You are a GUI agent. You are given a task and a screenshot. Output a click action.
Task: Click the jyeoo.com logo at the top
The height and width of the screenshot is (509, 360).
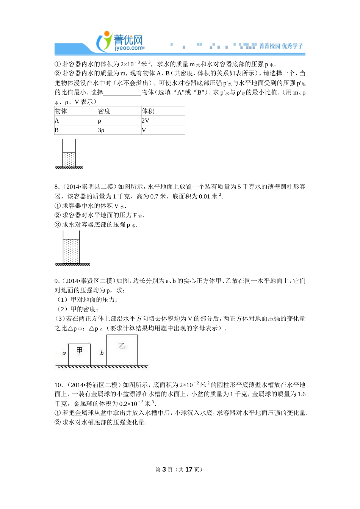[121, 42]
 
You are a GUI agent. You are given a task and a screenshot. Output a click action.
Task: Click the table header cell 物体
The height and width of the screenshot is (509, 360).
[61, 111]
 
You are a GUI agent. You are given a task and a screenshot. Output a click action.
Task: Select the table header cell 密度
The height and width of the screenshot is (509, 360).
[104, 111]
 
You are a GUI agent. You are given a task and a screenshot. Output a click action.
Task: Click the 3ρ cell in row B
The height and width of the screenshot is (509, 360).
[101, 130]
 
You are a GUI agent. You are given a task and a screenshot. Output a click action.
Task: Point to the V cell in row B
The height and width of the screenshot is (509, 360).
[144, 130]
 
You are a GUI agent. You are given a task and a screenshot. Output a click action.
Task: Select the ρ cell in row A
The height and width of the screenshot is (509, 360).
[100, 120]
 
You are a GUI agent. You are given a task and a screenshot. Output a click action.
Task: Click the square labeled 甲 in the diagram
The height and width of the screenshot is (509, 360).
[79, 354]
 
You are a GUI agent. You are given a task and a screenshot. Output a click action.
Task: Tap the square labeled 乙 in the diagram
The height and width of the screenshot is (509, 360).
[122, 350]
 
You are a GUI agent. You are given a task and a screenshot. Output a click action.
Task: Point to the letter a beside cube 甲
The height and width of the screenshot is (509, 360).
[64, 353]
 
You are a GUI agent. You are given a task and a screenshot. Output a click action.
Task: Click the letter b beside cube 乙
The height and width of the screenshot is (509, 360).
[102, 353]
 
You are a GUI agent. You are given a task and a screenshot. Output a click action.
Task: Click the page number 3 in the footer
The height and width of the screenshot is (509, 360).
[164, 469]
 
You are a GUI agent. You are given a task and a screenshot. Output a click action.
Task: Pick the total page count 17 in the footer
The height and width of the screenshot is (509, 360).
[189, 469]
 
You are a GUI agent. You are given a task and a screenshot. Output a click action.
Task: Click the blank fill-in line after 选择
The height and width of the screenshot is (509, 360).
[122, 92]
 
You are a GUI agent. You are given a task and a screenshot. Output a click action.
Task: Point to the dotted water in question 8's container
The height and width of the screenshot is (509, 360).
[71, 251]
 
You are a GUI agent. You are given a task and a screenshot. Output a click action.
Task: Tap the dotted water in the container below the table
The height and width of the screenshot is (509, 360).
[69, 159]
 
